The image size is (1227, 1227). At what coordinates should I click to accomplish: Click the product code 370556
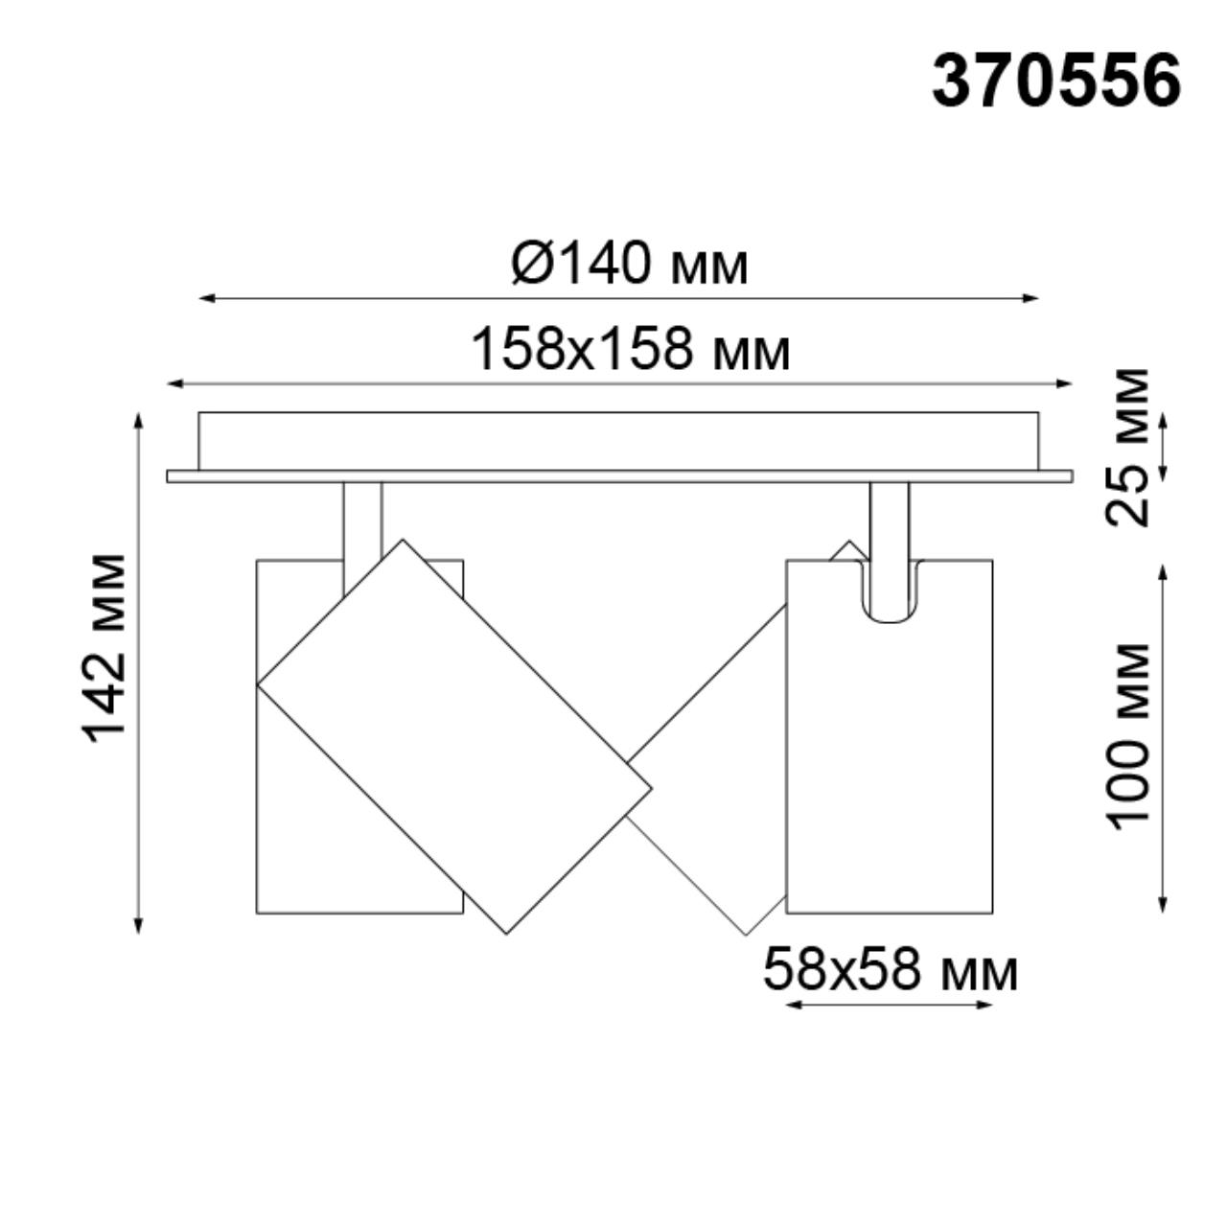pos(1055,81)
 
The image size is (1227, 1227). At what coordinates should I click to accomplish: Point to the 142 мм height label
pos(105,648)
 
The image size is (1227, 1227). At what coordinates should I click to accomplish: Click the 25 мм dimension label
pos(1127,447)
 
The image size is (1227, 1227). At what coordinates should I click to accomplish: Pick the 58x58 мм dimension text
pos(890,970)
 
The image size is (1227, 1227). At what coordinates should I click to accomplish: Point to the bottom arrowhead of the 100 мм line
pos(1163,905)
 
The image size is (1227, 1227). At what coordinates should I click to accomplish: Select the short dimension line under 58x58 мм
pos(889,1005)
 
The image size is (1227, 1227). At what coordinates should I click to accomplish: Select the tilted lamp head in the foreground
pos(455,736)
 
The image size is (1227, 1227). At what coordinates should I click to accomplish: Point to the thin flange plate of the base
pos(619,475)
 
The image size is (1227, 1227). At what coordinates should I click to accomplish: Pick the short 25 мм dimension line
pos(1163,447)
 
